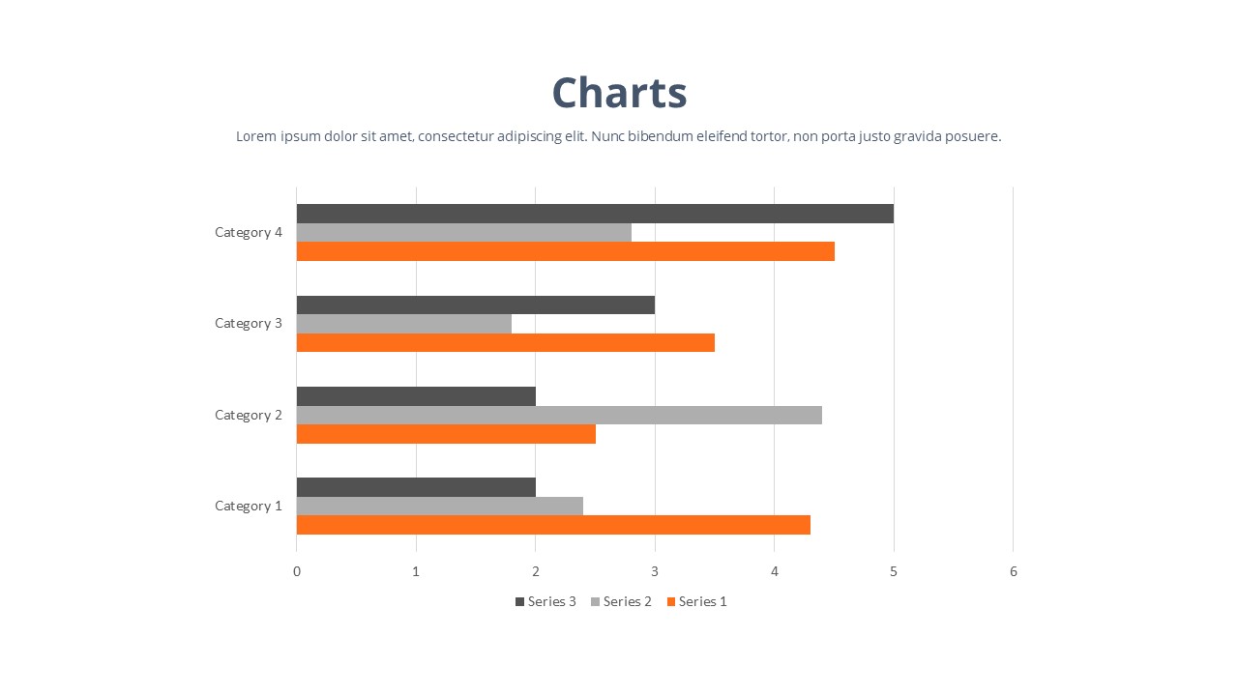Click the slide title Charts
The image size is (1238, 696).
[x=619, y=93]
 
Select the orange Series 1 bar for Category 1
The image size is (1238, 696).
[x=553, y=525]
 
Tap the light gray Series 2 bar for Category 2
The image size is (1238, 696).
[x=559, y=415]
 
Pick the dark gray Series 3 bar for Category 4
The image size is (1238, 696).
[x=595, y=214]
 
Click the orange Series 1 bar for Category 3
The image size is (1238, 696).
[x=505, y=342]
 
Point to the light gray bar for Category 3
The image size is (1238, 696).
[x=403, y=324]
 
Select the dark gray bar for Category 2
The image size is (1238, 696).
[x=416, y=396]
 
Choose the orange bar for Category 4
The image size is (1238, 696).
[x=565, y=251]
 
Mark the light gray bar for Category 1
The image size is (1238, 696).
[x=439, y=506]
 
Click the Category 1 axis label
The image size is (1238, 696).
[x=249, y=506]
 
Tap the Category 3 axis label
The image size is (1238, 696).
[x=249, y=323]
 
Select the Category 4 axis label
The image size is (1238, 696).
[x=249, y=232]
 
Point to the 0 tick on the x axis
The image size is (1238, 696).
[x=297, y=571]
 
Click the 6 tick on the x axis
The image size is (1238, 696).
[x=1014, y=571]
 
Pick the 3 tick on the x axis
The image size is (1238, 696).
[x=655, y=571]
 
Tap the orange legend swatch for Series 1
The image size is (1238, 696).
[x=671, y=601]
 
